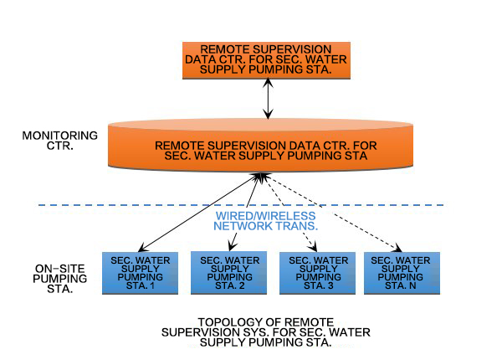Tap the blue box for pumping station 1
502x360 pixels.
tap(141, 272)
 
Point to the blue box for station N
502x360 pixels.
tap(398, 272)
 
